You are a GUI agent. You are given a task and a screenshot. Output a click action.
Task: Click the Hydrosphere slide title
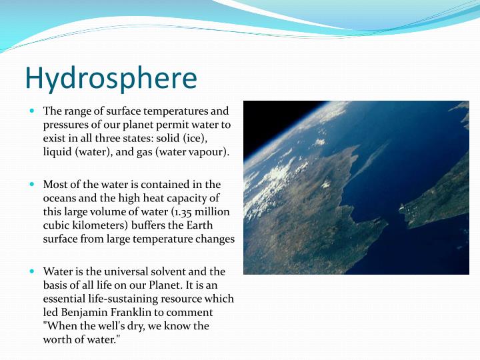point(111,77)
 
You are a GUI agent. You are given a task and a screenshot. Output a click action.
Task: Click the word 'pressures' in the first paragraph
point(66,124)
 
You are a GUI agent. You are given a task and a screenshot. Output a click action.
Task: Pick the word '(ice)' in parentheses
point(195,138)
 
